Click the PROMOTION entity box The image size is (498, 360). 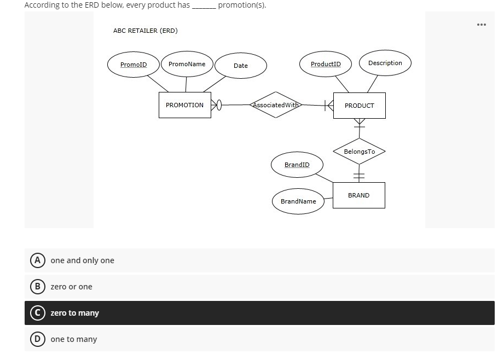tap(185, 105)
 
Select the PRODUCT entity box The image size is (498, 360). tap(359, 106)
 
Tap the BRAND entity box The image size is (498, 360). tap(358, 195)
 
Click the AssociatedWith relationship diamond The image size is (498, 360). tap(275, 104)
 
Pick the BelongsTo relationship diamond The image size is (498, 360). tap(360, 152)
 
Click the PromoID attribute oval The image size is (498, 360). tap(134, 65)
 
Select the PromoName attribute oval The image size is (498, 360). tap(187, 64)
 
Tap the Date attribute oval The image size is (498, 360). tap(241, 66)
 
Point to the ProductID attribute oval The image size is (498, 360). tap(326, 64)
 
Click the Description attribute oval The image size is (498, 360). tap(385, 63)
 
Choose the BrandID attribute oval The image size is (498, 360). tap(297, 165)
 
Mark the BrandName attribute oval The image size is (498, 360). tap(298, 201)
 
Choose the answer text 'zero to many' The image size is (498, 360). tap(75, 313)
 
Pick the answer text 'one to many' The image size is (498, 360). tap(74, 339)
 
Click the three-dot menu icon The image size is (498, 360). tap(481, 25)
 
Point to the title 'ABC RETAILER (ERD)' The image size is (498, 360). tap(145, 31)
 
